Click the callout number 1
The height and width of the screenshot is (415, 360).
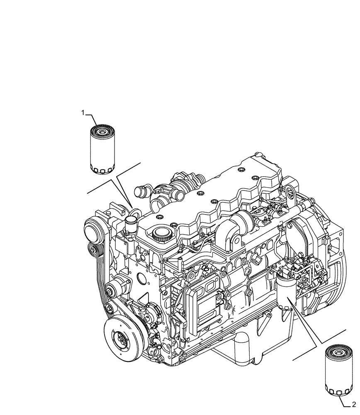(83, 112)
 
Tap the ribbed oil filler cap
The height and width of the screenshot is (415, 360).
(161, 235)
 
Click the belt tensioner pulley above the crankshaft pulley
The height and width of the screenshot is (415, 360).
(113, 288)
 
